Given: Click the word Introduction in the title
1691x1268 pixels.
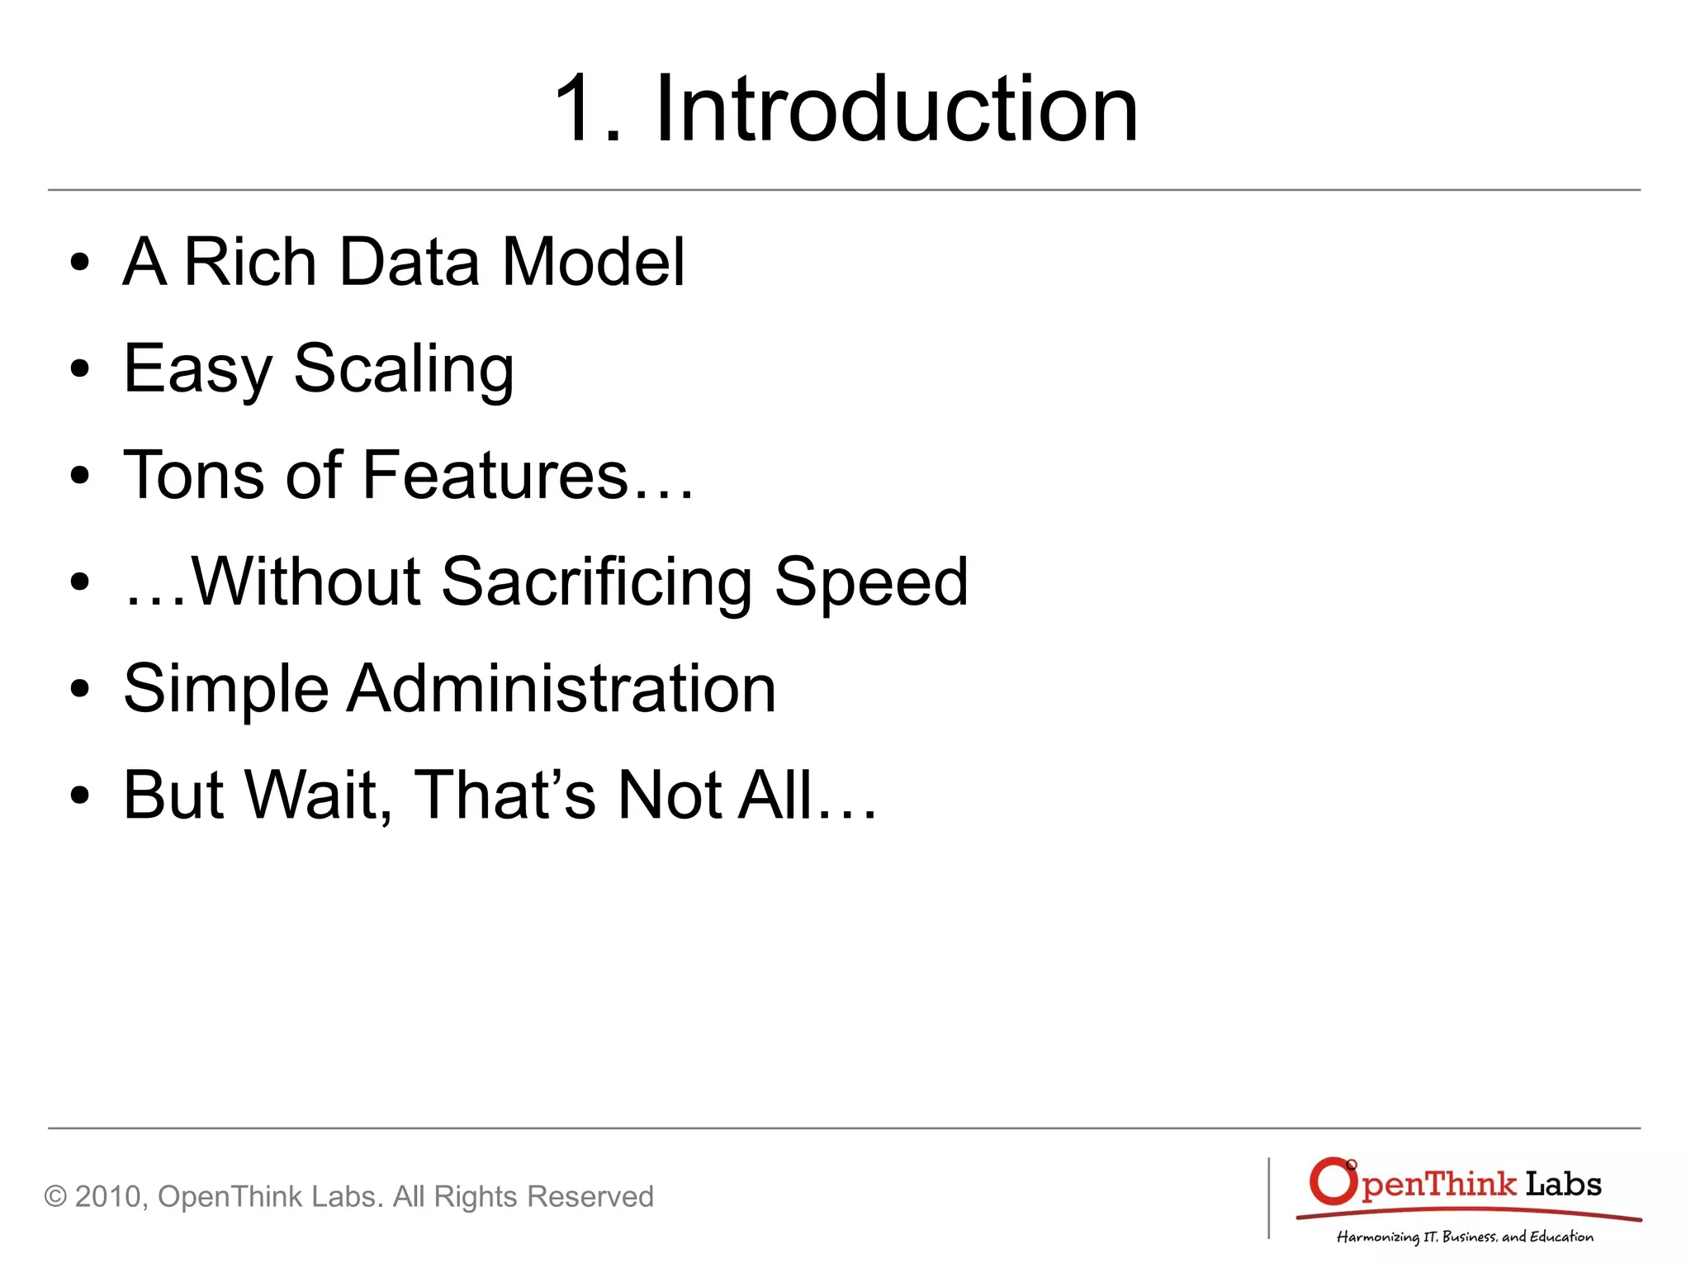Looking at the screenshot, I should click(896, 108).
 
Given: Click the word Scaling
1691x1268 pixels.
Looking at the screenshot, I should click(404, 369).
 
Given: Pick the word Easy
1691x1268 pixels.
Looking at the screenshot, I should click(197, 369).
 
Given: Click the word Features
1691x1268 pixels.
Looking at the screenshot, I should click(495, 475).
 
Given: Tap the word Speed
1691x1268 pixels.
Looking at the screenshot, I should click(871, 582).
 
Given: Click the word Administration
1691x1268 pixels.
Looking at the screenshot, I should click(561, 688).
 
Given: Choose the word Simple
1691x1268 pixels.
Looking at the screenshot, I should click(226, 690).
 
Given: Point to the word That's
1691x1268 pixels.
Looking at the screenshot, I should click(504, 795).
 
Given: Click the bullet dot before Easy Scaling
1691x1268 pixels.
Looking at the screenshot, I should click(79, 369).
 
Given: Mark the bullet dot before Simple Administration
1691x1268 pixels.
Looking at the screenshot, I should click(79, 689).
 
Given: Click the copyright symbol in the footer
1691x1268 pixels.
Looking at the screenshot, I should click(55, 1196).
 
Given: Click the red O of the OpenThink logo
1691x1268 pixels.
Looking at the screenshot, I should click(1333, 1182).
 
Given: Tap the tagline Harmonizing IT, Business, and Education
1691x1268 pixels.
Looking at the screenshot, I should click(1465, 1237).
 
